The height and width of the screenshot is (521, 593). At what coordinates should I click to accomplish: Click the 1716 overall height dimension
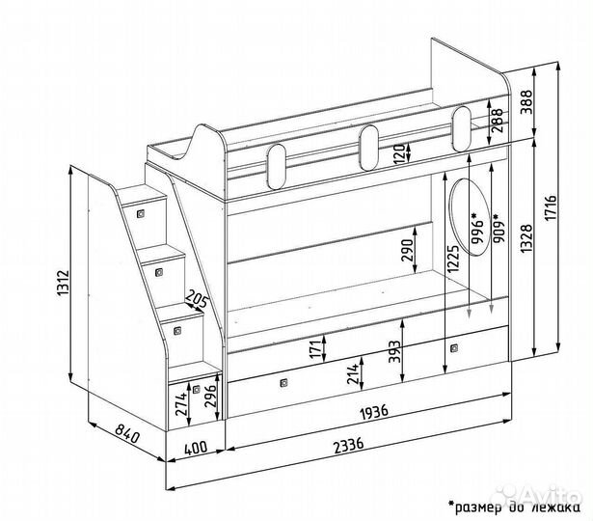click(552, 207)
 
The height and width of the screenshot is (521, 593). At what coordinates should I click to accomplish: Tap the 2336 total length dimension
click(349, 445)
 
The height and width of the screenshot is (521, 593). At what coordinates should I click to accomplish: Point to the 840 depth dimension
click(127, 433)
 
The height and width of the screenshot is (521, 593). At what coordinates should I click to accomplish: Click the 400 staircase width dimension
click(196, 448)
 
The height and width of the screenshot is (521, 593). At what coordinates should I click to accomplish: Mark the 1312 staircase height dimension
click(63, 283)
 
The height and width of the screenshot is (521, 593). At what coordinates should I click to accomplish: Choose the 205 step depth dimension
click(197, 299)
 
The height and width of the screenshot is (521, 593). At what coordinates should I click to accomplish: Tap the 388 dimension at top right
click(526, 101)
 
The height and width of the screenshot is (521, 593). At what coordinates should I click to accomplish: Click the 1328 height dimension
click(526, 238)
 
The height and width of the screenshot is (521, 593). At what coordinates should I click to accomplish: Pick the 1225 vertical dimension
click(452, 259)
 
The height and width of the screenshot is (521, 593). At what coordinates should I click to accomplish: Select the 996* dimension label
click(477, 228)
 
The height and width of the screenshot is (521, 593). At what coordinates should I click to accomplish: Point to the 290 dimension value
click(408, 250)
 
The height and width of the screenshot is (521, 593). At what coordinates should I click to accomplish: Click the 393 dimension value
click(394, 351)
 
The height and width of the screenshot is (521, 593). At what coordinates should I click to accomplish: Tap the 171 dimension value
click(318, 347)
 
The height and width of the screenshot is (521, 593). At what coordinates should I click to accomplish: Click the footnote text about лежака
click(514, 506)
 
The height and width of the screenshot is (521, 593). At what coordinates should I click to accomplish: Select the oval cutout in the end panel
click(469, 217)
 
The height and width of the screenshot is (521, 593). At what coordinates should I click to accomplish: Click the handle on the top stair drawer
click(141, 214)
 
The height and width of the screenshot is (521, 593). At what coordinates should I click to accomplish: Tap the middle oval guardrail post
click(369, 148)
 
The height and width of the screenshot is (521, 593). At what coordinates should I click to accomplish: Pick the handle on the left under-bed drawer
click(283, 383)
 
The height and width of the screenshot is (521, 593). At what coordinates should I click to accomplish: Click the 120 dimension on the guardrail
click(399, 153)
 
